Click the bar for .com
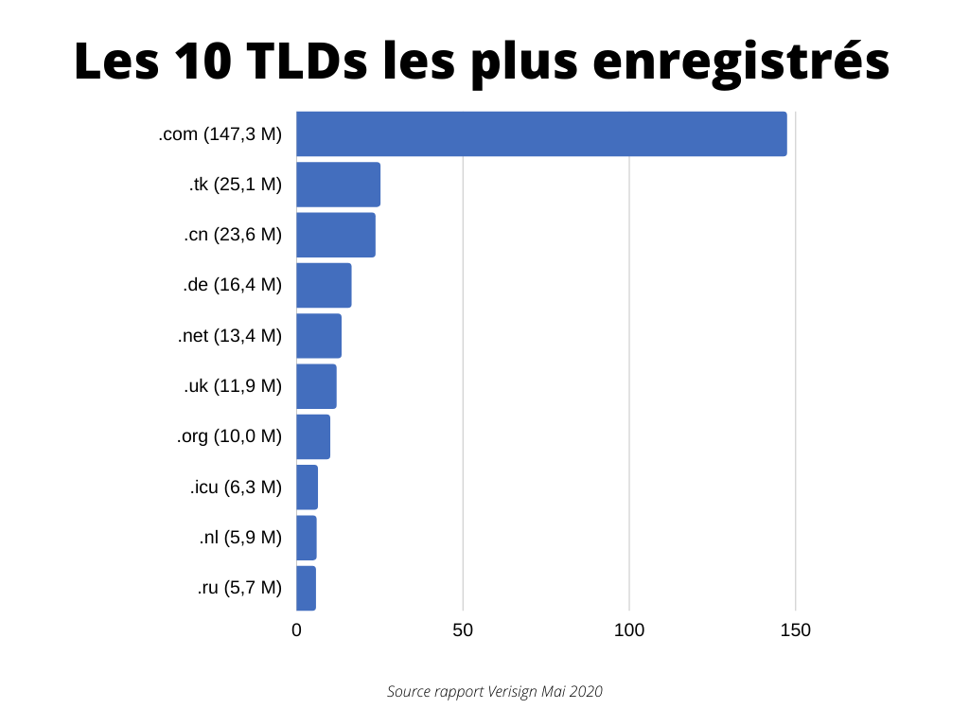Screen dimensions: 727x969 [541, 133]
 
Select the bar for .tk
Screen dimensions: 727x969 [338, 185]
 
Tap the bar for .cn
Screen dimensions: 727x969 [336, 235]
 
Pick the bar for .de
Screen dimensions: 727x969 [324, 285]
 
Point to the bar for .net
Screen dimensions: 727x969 [319, 336]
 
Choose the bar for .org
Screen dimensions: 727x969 [313, 436]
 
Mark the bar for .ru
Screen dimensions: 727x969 [306, 588]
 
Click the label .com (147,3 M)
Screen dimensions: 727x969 [220, 134]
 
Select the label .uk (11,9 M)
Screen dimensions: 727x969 [233, 386]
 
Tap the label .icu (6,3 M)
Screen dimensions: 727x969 [236, 488]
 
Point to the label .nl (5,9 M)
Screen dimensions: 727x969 [240, 538]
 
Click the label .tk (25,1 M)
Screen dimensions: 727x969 [236, 185]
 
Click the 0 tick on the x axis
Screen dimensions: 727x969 [296, 630]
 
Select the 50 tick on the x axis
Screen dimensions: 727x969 [463, 630]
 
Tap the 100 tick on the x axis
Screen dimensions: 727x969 [629, 630]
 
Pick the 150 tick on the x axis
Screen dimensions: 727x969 [795, 630]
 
